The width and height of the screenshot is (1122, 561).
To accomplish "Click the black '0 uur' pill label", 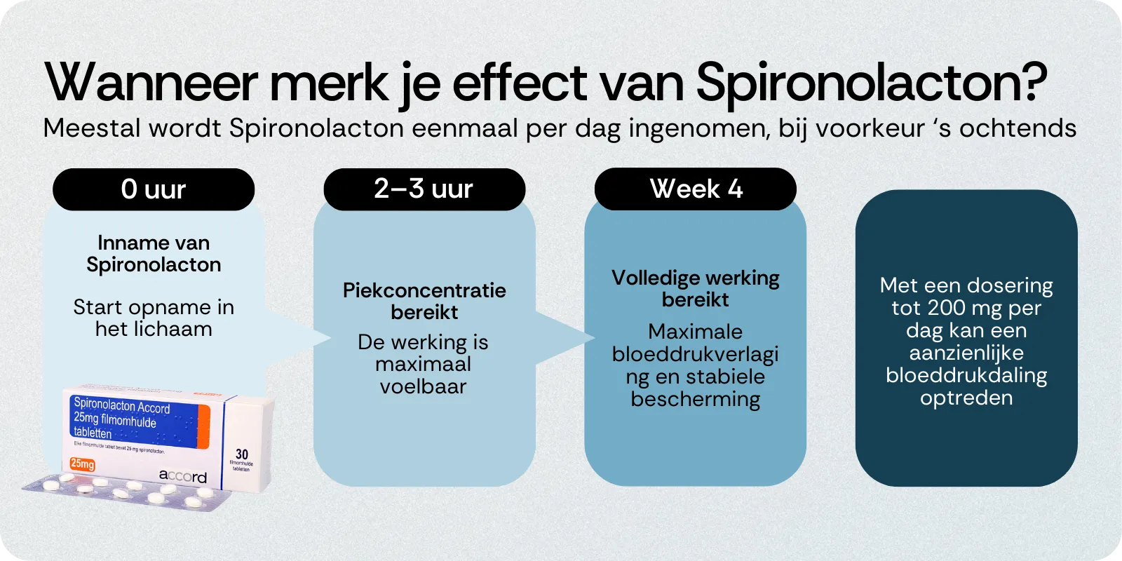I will [x=154, y=189].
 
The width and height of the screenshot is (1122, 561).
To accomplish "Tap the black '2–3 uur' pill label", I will [x=424, y=189].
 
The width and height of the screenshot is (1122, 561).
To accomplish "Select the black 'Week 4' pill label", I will [x=696, y=189].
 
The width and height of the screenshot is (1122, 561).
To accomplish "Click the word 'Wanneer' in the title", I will [x=151, y=83].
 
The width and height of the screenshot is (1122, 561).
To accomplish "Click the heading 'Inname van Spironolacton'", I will [x=154, y=254].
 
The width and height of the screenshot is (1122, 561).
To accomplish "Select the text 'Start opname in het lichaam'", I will [x=154, y=318].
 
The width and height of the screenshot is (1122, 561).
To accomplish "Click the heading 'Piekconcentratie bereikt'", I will [x=424, y=301].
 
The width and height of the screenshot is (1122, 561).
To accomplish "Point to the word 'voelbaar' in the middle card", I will [x=423, y=386].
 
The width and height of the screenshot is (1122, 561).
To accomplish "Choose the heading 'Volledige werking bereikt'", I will [x=696, y=288].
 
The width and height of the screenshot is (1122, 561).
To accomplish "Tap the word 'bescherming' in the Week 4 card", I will [x=696, y=399].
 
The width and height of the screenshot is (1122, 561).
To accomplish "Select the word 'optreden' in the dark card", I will [x=966, y=398].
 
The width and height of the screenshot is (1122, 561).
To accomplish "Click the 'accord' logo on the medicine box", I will [x=182, y=476].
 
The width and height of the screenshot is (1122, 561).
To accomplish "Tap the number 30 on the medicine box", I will [x=242, y=454].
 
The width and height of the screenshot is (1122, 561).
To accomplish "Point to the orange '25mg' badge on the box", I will [x=82, y=464].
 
